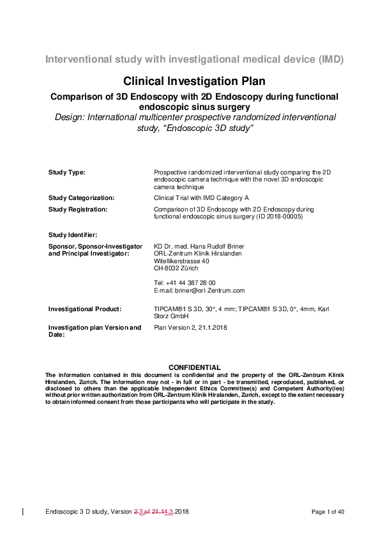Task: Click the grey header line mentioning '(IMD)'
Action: pyautogui.click(x=194, y=60)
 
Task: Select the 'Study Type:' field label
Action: pyautogui.click(x=67, y=173)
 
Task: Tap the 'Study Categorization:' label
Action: pyautogui.click(x=82, y=198)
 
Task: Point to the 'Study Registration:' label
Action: pyautogui.click(x=78, y=209)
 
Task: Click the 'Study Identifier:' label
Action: pyautogui.click(x=73, y=235)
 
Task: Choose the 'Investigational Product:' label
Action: pyautogui.click(x=85, y=309)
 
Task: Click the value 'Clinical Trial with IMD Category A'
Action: pyautogui.click(x=201, y=198)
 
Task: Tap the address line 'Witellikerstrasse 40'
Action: pyautogui.click(x=181, y=261)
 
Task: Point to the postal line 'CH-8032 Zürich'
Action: pyautogui.click(x=176, y=268)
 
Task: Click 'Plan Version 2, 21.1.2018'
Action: pyautogui.click(x=190, y=328)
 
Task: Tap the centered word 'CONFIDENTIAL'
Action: pyautogui.click(x=194, y=367)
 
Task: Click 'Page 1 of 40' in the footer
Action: pyautogui.click(x=328, y=512)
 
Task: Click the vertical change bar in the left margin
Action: pyautogui.click(x=24, y=512)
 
